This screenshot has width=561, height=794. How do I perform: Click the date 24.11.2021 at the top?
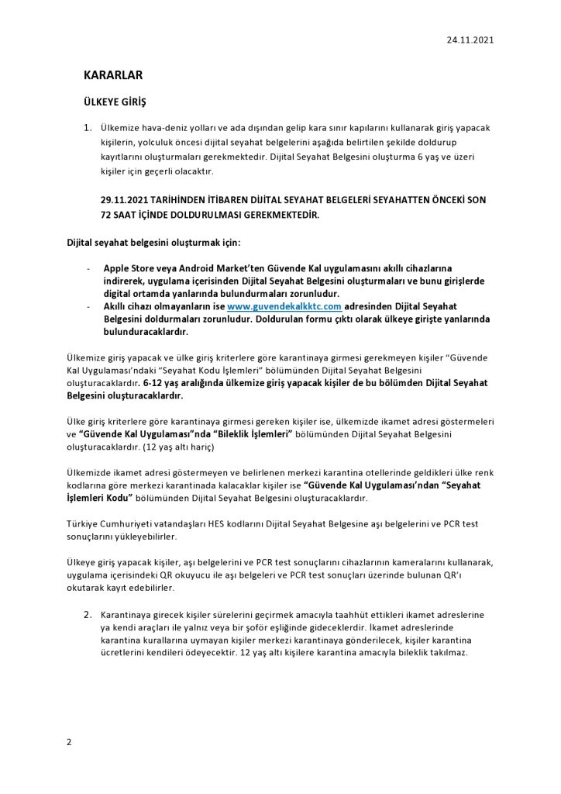pos(470,40)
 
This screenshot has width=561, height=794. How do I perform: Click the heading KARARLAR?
pos(113,75)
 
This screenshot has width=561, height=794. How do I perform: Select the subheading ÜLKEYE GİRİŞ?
pos(115,102)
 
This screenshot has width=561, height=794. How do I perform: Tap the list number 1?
pos(88,127)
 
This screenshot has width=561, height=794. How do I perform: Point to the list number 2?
pos(88,614)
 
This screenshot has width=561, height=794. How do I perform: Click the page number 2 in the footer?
pos(69,742)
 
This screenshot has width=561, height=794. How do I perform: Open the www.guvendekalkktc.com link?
pos(284,307)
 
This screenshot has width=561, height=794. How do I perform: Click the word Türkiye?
pos(84,524)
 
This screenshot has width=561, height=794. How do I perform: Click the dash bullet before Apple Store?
pos(88,266)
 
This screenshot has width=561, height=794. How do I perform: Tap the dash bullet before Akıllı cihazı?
pos(88,307)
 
